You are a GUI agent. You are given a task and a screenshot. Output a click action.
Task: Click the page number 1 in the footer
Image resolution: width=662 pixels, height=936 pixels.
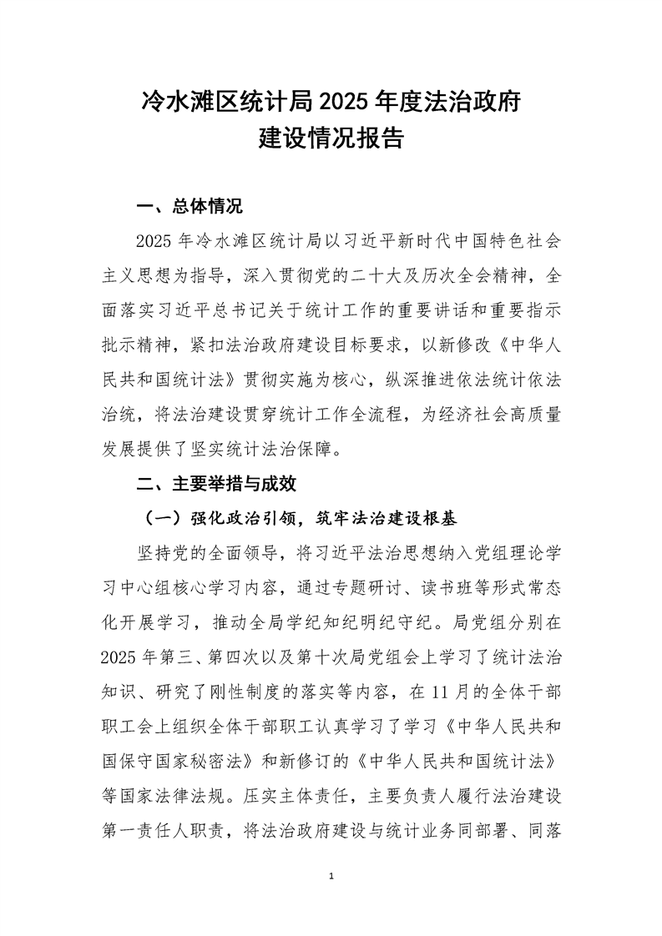click(331, 876)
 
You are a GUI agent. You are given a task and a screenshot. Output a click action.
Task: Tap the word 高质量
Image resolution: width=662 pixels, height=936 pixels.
click(538, 415)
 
